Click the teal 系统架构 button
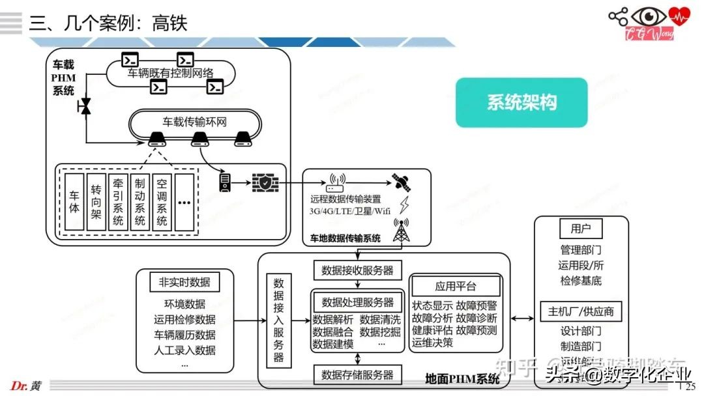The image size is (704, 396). click(521, 102)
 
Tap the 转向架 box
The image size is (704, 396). click(96, 202)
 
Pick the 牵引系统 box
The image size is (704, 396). click(118, 202)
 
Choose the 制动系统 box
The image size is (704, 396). click(139, 202)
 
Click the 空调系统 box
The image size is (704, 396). click(162, 202)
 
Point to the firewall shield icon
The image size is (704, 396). click(265, 183)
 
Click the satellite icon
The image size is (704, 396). click(400, 181)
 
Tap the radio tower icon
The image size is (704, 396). click(401, 231)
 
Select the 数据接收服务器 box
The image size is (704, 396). click(357, 270)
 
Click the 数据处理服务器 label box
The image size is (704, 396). click(358, 302)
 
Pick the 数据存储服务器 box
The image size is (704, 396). click(357, 375)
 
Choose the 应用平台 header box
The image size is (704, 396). click(456, 287)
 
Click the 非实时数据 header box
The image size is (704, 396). click(184, 282)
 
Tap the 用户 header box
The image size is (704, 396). click(581, 229)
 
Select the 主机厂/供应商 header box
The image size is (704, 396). click(581, 311)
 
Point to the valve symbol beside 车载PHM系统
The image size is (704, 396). click(85, 107)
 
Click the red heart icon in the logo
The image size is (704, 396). click(681, 15)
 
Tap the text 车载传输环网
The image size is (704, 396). click(194, 121)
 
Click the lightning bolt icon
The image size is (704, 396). click(404, 205)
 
